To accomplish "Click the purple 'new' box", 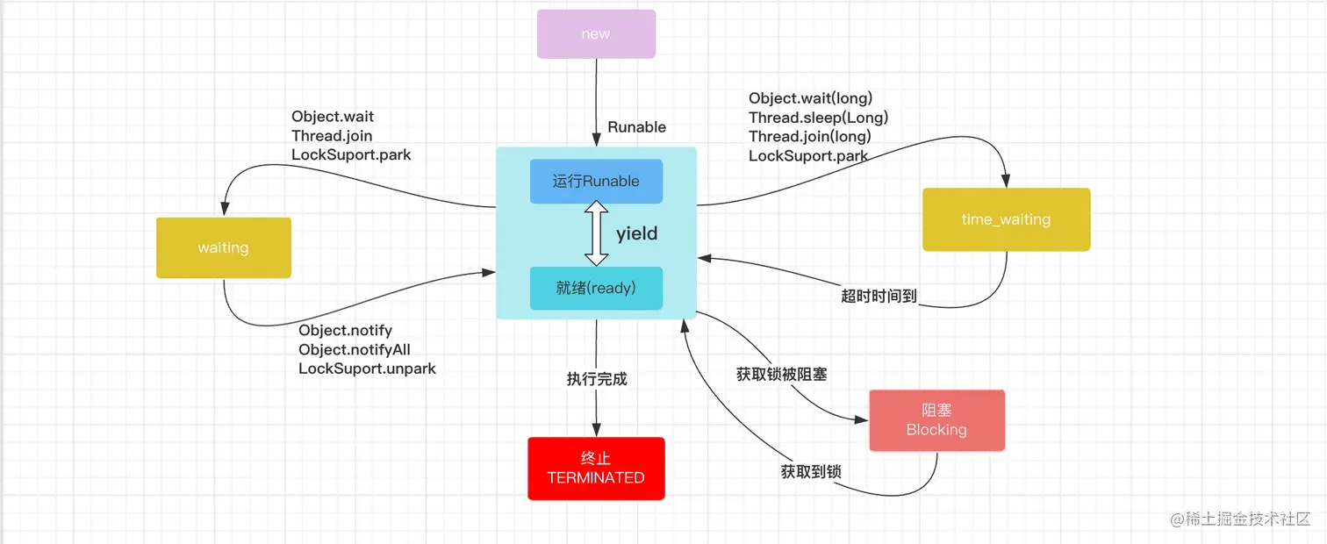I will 596,34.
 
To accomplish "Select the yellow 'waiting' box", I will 223,247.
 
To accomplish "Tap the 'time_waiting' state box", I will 1006,219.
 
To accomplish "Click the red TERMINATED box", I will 596,469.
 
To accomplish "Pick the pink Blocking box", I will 936,420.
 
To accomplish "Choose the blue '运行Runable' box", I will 596,182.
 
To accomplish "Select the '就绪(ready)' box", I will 596,288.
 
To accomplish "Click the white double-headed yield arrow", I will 597,233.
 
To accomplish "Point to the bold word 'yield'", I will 636,234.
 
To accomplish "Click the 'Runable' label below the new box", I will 637,127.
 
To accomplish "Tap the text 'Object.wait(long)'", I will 810,98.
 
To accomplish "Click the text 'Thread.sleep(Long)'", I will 818,118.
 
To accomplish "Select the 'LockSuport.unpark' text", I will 367,369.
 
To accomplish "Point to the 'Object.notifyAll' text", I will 355,349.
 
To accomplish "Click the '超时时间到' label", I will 879,297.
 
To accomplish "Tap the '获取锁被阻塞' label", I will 781,375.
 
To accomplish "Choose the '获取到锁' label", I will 811,472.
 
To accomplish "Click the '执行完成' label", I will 597,380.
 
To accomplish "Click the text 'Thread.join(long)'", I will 809,137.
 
